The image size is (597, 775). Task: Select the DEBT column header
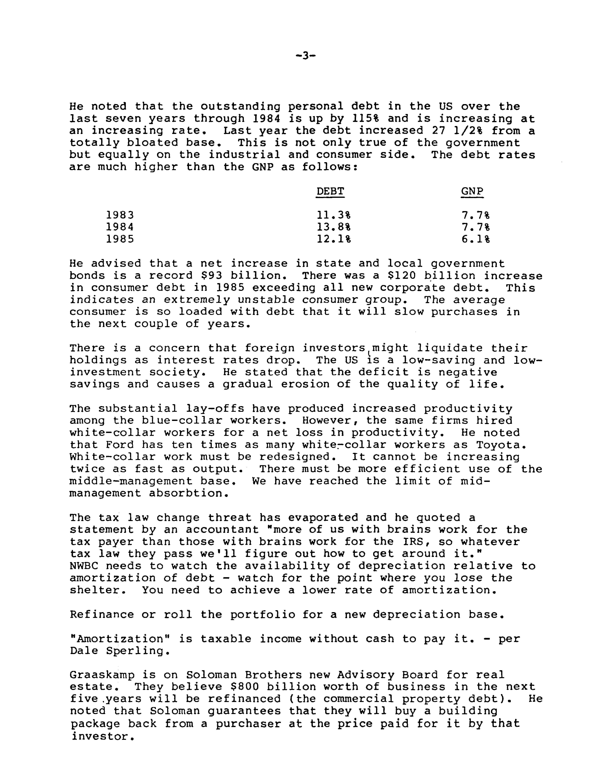click(330, 192)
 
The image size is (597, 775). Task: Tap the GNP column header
click(472, 192)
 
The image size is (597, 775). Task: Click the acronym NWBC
click(84, 566)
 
